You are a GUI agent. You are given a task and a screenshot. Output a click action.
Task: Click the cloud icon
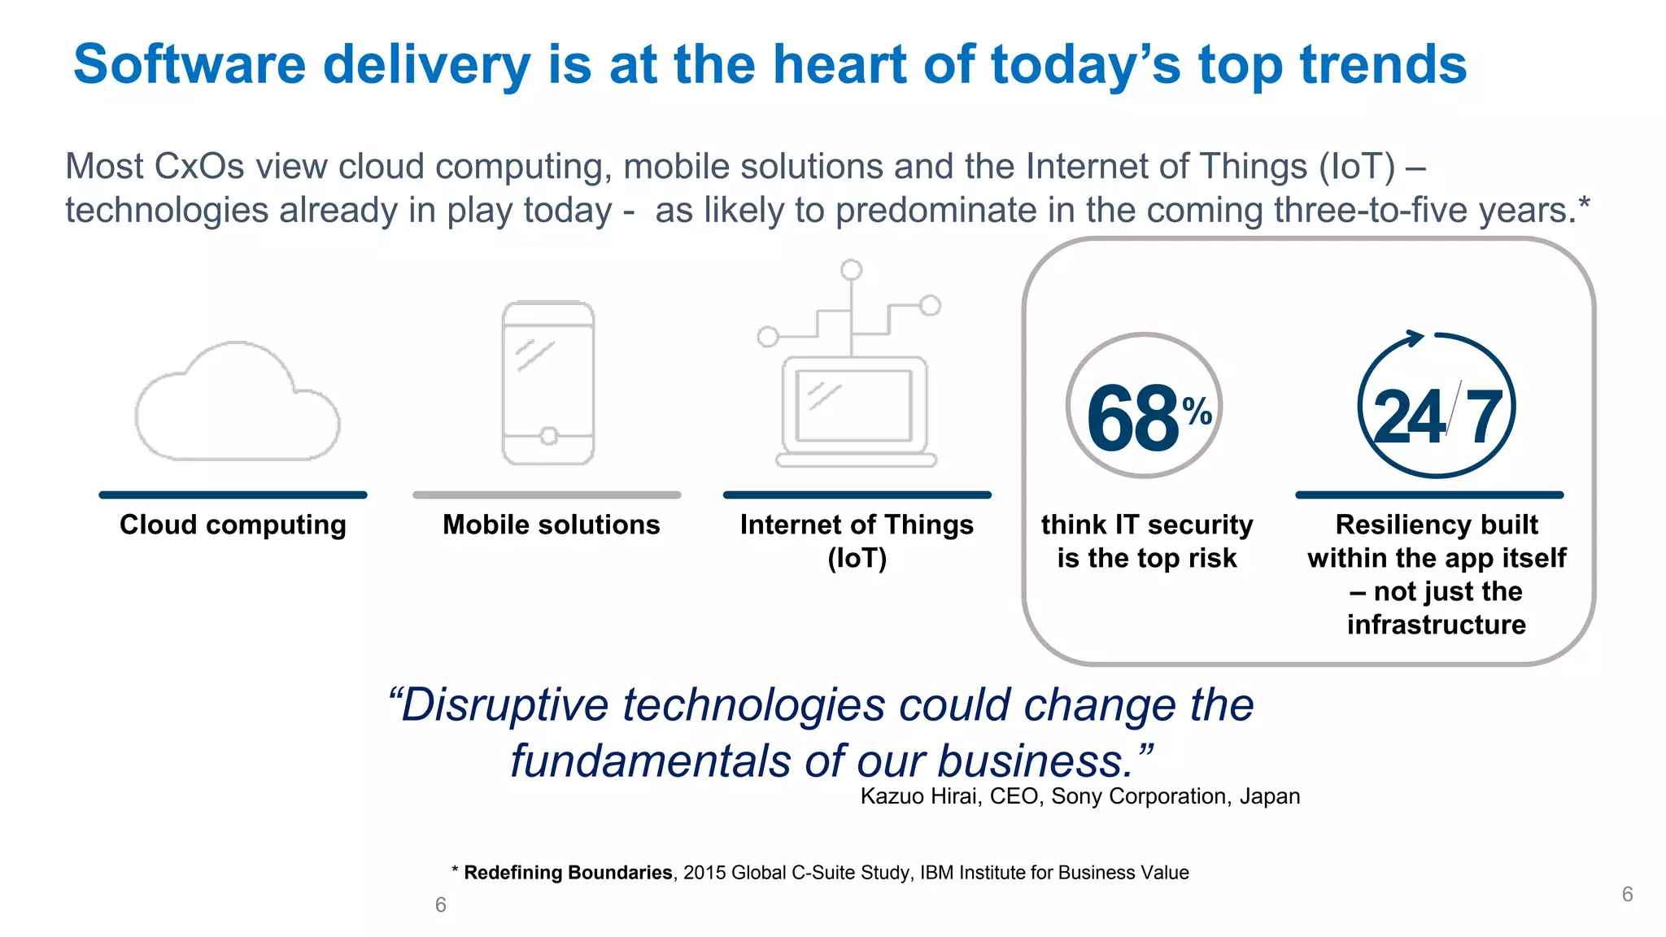[236, 403]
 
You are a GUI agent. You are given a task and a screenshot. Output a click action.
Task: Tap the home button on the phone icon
[549, 437]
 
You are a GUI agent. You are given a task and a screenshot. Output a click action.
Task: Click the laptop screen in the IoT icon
[854, 405]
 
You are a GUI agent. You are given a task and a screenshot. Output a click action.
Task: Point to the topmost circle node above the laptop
[852, 270]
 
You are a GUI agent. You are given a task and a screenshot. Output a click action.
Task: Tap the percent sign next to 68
[1197, 411]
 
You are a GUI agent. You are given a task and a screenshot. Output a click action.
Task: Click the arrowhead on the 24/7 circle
[1415, 338]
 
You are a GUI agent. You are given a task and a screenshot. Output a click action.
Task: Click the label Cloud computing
[233, 525]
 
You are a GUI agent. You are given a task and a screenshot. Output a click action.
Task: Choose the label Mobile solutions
[551, 525]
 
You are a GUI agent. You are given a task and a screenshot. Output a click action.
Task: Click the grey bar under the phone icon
[547, 495]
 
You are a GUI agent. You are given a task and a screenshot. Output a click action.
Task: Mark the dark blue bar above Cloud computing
[233, 495]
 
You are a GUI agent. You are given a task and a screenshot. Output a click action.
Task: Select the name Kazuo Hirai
[919, 796]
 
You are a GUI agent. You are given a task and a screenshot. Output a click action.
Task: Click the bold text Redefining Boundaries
[567, 873]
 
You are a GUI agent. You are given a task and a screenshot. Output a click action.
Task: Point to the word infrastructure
[1437, 625]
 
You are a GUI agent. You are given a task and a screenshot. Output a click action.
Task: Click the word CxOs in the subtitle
[198, 167]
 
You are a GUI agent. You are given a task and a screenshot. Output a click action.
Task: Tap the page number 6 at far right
[1627, 895]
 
